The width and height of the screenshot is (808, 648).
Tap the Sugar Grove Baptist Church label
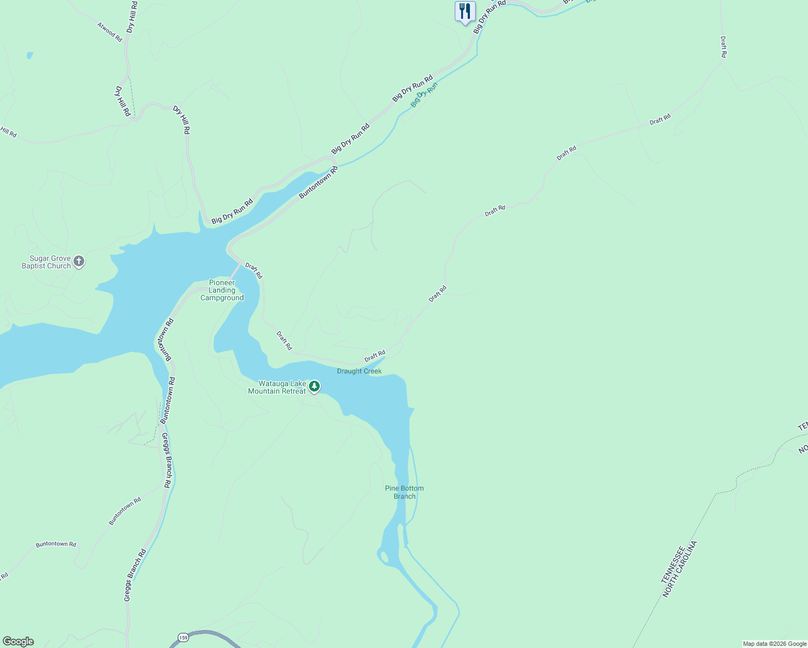[x=46, y=262]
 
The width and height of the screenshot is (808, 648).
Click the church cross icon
[x=79, y=262]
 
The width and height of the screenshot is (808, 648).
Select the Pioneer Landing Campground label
[x=222, y=291]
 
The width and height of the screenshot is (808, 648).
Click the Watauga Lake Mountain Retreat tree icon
[x=314, y=387]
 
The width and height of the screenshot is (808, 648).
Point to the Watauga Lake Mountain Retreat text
[x=277, y=388]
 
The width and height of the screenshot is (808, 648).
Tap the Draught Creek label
[x=359, y=372]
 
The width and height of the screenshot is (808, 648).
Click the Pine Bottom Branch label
[x=404, y=492]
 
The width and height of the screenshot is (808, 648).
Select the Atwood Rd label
[x=110, y=31]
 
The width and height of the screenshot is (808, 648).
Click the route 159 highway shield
[x=184, y=638]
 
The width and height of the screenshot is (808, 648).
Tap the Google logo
[x=18, y=642]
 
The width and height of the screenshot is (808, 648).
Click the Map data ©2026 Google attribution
[x=775, y=644]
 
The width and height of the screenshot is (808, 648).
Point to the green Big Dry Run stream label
[x=423, y=95]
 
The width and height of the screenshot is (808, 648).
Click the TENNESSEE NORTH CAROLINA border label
[x=679, y=569]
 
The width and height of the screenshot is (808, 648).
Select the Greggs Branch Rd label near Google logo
[x=135, y=576]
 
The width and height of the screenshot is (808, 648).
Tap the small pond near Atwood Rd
[x=29, y=55]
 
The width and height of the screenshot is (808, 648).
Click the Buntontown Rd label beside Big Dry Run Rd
[x=319, y=182]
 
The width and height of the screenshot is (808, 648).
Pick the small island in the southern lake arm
[x=384, y=557]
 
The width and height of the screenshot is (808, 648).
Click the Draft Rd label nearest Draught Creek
[x=374, y=356]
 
